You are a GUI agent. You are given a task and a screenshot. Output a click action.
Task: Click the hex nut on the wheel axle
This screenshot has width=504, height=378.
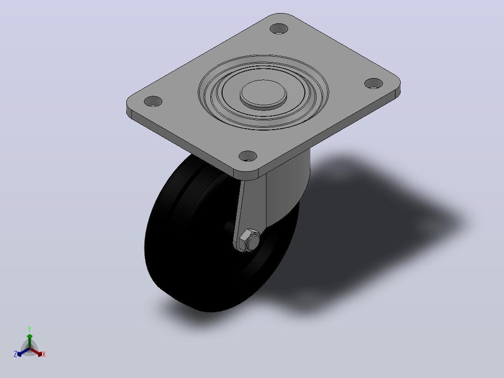click(x=250, y=240)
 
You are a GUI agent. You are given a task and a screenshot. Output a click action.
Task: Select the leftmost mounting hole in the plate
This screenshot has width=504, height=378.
click(x=153, y=102)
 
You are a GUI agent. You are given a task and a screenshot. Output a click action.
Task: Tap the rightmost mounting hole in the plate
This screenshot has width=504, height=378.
click(x=374, y=83)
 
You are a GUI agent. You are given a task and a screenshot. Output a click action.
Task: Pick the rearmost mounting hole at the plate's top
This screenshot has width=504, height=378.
click(x=279, y=29)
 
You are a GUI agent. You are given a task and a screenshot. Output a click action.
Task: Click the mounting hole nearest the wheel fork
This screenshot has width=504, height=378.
click(x=248, y=156)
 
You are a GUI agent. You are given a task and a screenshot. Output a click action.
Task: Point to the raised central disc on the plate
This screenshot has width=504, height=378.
click(x=263, y=94)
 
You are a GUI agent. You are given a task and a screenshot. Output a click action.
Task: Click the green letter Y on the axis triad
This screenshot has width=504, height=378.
click(x=29, y=329)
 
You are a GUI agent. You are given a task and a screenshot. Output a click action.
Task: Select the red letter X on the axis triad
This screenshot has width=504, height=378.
click(x=44, y=354)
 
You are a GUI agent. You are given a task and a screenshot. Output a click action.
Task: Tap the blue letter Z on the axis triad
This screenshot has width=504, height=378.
click(x=15, y=354)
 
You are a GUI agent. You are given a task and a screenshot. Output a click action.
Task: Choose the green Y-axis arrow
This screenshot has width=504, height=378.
click(x=29, y=341)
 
